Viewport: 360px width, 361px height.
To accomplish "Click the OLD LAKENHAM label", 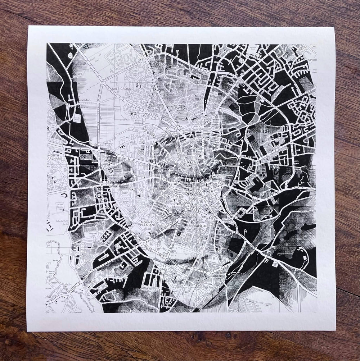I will point(221,276).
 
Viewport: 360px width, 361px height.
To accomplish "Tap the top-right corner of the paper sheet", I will point(335,28).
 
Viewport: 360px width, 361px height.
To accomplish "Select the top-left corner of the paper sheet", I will point(29,26).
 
